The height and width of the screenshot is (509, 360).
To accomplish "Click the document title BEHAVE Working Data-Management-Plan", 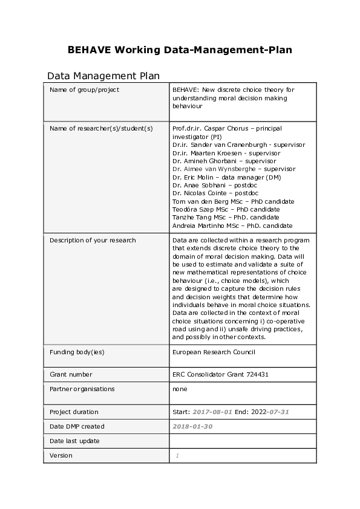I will (180, 50).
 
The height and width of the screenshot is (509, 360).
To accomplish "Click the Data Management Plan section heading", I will (103, 76).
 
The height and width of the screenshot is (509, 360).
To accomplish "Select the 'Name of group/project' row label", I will (84, 90).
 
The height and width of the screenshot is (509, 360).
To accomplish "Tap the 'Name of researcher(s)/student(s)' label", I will (101, 128).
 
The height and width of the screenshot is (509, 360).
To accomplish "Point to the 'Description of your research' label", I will (93, 240).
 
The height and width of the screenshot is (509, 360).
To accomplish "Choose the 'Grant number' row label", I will (71, 375).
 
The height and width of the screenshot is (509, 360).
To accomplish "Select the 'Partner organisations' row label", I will (82, 389).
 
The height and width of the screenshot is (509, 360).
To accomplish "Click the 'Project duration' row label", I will (74, 412).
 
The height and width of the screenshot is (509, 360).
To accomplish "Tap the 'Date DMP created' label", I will (77, 426).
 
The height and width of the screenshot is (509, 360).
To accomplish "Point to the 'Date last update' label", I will (74, 441).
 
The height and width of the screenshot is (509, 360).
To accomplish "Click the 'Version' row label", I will (61, 455).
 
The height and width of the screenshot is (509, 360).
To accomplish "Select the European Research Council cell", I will (214, 352).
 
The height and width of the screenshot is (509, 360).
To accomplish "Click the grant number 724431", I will (256, 375).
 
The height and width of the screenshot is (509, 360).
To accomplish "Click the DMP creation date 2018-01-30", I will (192, 426).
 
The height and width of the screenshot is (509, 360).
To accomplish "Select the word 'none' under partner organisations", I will (180, 389).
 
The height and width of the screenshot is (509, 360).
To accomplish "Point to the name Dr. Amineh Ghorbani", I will (201, 161).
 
